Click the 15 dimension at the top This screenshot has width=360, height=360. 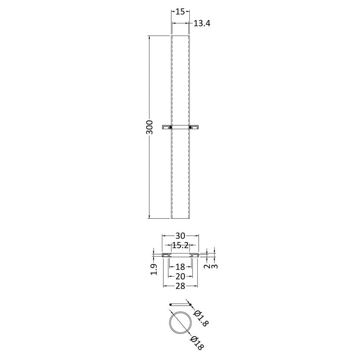pos(180,12)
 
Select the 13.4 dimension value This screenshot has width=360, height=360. pos(202,23)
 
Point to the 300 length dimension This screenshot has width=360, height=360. pos(149,127)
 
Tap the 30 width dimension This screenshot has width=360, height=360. pos(180,236)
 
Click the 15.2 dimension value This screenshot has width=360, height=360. pos(180,246)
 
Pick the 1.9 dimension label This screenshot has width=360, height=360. pos(154,269)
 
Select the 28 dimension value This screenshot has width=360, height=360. pos(180,286)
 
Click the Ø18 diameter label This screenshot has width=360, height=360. pos(197,343)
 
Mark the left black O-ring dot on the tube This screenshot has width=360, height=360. pos(171,127)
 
